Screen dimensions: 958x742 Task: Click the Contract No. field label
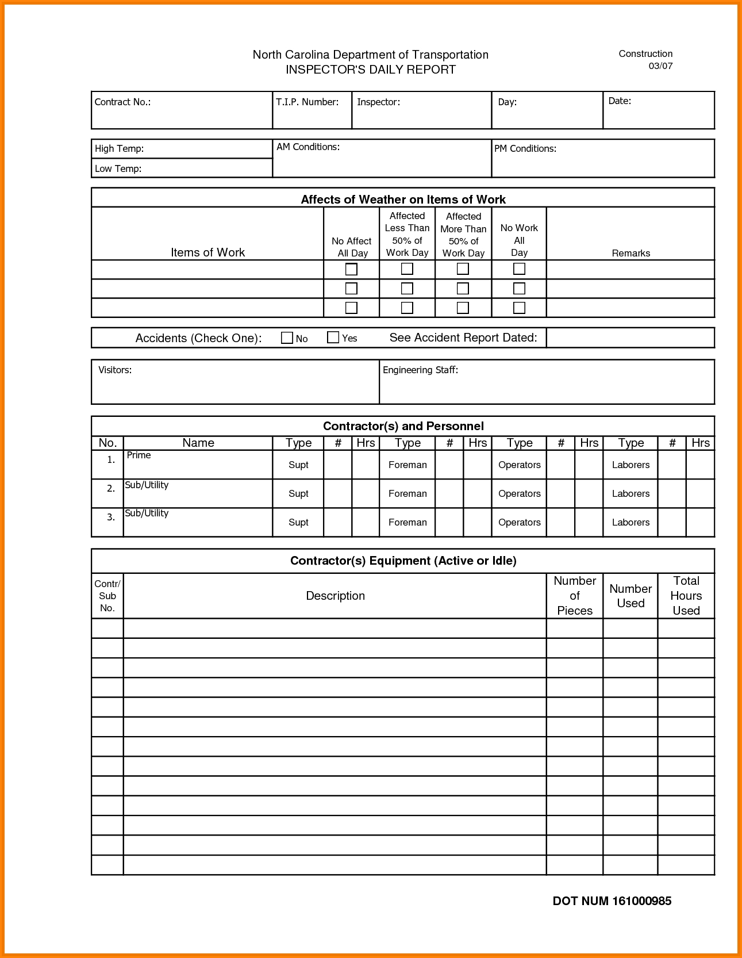tap(122, 102)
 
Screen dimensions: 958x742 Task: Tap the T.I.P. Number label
tap(307, 102)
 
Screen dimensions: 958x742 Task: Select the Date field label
tap(620, 101)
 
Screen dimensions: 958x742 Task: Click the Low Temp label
tap(118, 168)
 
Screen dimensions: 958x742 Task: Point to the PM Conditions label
tap(525, 148)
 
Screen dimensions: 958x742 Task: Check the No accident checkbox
tap(287, 338)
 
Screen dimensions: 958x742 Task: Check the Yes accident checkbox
tap(333, 338)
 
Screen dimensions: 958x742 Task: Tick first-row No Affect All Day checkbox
tap(351, 269)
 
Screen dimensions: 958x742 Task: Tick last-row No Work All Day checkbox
tap(519, 308)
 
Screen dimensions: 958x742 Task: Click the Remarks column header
tap(630, 253)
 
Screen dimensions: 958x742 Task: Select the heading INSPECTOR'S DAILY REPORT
tap(371, 70)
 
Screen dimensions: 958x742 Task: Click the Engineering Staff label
tap(420, 370)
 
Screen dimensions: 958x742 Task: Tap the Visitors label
tap(115, 370)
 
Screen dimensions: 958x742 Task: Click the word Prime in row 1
tap(139, 455)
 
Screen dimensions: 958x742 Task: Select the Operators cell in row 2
tap(519, 493)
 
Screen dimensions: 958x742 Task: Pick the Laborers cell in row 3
tap(630, 522)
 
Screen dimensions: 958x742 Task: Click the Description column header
tap(335, 596)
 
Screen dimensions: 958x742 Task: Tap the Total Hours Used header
tap(686, 596)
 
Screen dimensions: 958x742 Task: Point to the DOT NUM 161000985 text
tap(612, 901)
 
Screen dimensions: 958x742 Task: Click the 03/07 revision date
tap(660, 66)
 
